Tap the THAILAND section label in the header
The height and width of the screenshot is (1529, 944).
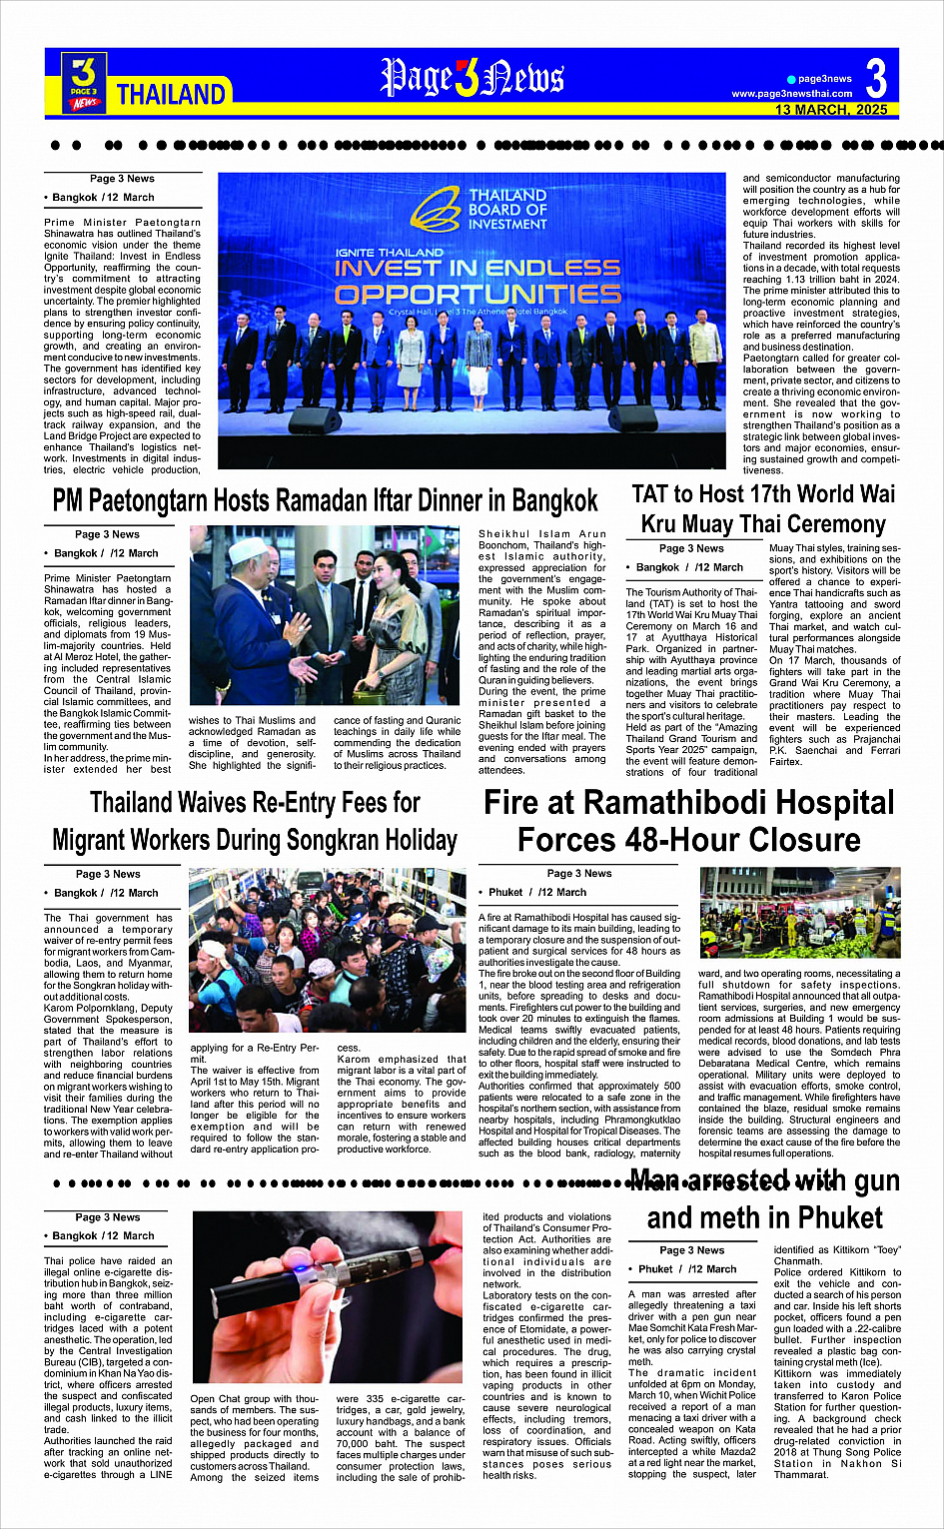[171, 95]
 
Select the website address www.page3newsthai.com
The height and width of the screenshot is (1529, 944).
[792, 94]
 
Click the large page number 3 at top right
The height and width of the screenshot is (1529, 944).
[876, 78]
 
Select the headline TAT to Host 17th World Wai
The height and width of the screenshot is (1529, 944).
[763, 493]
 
